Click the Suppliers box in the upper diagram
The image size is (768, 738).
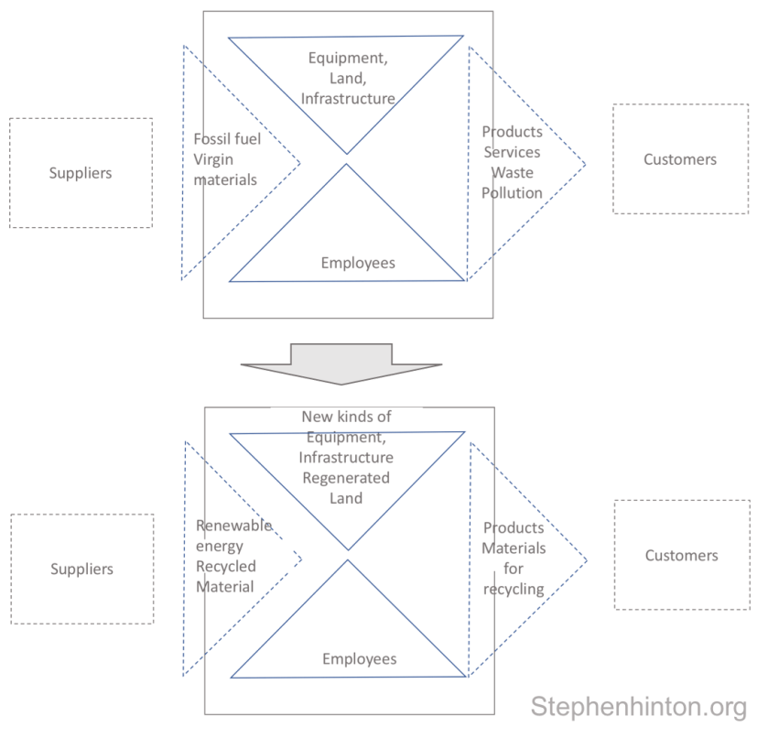tap(81, 172)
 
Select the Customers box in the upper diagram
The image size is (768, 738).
tap(679, 159)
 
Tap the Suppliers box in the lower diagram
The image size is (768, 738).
tap(81, 569)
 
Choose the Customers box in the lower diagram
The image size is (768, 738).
tap(681, 555)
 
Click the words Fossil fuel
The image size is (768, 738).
tap(227, 139)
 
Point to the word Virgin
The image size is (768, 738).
tap(213, 159)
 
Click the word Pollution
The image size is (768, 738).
tap(512, 192)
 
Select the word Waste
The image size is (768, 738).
tap(512, 172)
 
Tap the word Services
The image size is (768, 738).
tap(512, 152)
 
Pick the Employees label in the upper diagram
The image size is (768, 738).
tap(358, 263)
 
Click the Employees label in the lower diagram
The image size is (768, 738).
tap(359, 658)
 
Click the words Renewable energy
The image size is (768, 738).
tap(233, 536)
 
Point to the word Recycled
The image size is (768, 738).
tap(225, 566)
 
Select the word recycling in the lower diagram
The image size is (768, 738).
tap(514, 589)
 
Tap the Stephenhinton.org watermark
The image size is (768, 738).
tap(638, 707)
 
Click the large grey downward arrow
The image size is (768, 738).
tap(341, 363)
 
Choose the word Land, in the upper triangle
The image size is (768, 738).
tap(347, 79)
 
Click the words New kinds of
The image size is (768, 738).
tap(346, 417)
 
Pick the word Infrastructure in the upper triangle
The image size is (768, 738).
tap(348, 99)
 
